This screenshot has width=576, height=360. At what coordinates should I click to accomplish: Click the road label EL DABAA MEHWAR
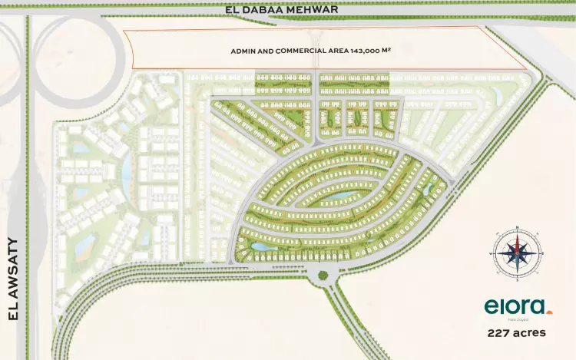(x=283, y=8)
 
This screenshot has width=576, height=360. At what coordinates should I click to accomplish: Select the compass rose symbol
(x=517, y=253)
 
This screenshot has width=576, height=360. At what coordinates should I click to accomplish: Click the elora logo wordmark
(x=515, y=307)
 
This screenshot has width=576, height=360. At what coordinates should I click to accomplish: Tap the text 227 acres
(x=517, y=333)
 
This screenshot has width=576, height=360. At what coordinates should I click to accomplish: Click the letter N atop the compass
(x=517, y=228)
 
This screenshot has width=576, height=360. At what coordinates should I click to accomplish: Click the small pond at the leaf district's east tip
(x=428, y=186)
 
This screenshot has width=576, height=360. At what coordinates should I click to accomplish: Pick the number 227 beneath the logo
(x=499, y=333)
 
